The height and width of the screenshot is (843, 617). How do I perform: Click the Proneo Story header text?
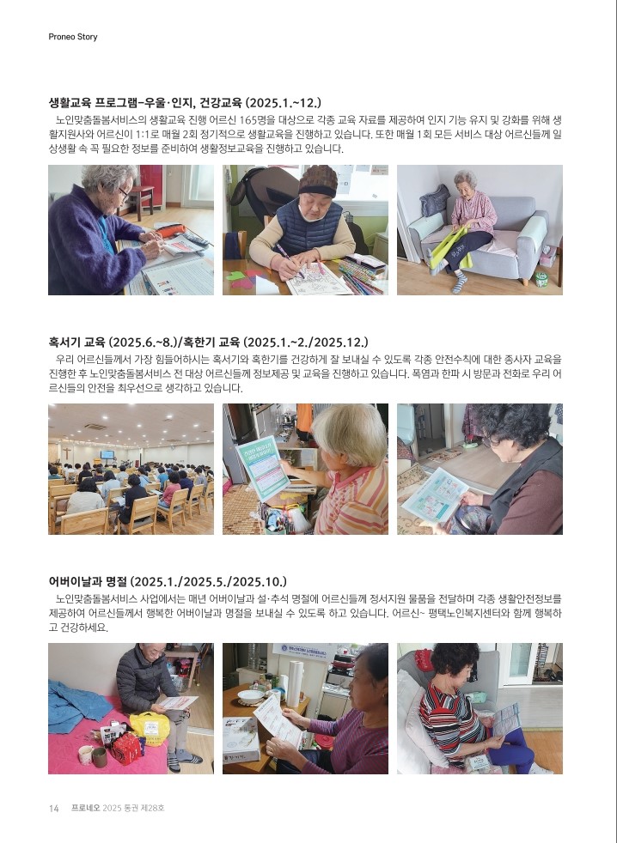[x=73, y=37]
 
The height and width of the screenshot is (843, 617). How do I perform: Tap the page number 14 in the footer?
[x=54, y=808]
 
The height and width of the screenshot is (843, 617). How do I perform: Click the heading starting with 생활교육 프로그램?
[x=185, y=103]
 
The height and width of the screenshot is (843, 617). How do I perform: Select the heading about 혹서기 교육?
[x=208, y=342]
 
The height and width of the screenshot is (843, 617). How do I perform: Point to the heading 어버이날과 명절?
[x=168, y=581]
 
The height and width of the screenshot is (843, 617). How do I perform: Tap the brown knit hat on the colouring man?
[x=318, y=180]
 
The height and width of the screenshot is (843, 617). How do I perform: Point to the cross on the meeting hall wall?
[x=66, y=453]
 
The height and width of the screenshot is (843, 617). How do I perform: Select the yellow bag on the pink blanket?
[x=150, y=727]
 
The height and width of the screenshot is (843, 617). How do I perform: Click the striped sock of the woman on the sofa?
[x=461, y=282]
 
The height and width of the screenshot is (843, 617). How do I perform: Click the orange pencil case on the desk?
[x=171, y=231]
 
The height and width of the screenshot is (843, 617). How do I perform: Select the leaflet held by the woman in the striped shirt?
[x=506, y=719]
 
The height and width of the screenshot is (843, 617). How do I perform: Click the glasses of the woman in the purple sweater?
[x=125, y=195]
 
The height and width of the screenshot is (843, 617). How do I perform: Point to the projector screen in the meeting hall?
[x=107, y=454]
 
